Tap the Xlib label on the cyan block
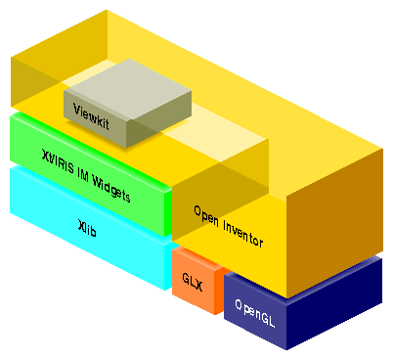click(87, 228)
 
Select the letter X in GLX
click(198, 282)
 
